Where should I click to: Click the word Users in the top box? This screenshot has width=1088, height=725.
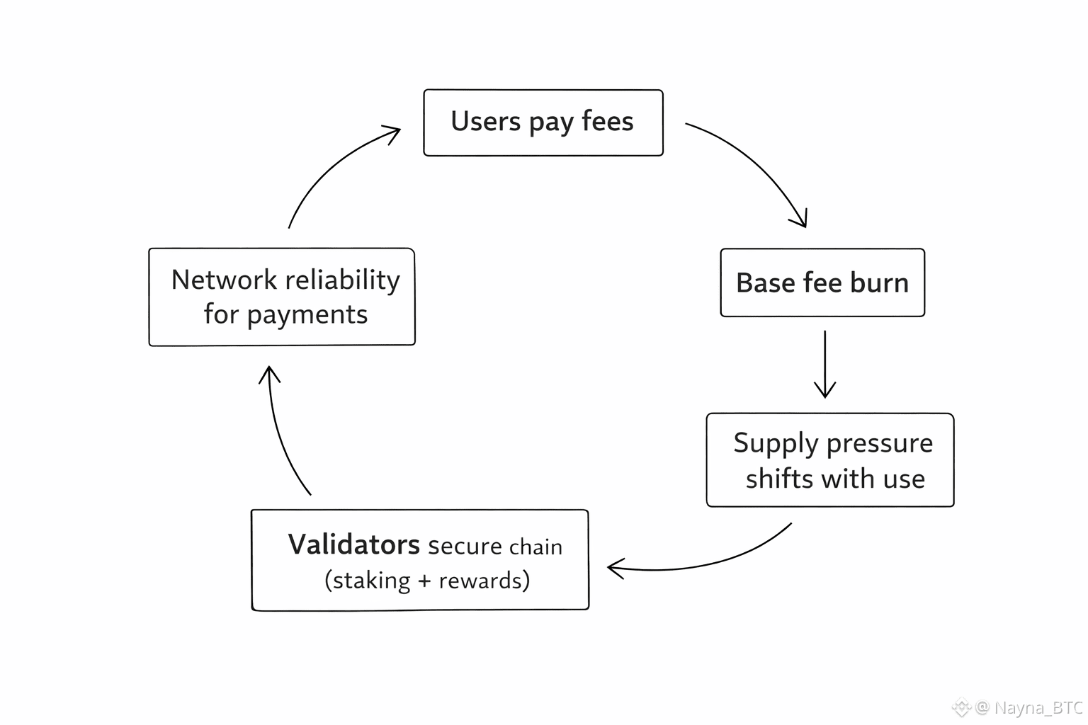tap(485, 122)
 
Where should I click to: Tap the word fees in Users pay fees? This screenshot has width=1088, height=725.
tap(607, 122)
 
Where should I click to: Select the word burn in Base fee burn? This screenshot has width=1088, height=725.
tap(879, 283)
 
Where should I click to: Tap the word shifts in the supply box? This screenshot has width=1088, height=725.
tap(778, 479)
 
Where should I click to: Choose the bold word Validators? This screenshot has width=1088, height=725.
tap(353, 545)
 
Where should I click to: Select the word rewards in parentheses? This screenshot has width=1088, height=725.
tap(481, 581)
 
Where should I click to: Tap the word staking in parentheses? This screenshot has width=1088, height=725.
tap(371, 581)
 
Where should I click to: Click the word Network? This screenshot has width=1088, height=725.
tap(224, 280)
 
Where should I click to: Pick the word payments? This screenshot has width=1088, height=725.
tap(307, 315)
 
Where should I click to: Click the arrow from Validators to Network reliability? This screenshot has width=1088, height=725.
tap(280, 432)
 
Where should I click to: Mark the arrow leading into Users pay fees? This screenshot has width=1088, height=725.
tap(333, 163)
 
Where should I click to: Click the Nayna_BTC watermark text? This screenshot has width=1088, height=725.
tap(1038, 707)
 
